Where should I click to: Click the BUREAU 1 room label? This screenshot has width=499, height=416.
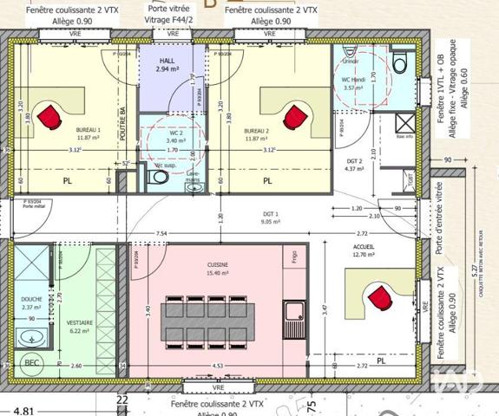pyautogui.click(x=88, y=131)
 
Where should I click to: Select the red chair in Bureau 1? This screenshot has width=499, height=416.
pyautogui.click(x=53, y=114)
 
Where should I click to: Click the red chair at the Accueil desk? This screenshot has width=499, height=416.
pyautogui.click(x=379, y=298)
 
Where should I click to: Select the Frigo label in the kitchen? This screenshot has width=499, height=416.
pyautogui.click(x=295, y=257)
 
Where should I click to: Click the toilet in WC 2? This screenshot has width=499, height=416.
pyautogui.click(x=156, y=177)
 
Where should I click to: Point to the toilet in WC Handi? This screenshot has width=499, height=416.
pyautogui.click(x=400, y=62)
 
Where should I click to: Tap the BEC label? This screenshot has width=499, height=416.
pyautogui.click(x=32, y=362)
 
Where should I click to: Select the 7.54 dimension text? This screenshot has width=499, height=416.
pyautogui.click(x=162, y=234)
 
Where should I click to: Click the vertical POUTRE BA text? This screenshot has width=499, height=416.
pyautogui.click(x=124, y=125)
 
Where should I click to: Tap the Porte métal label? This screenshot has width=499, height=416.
pyautogui.click(x=33, y=206)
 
